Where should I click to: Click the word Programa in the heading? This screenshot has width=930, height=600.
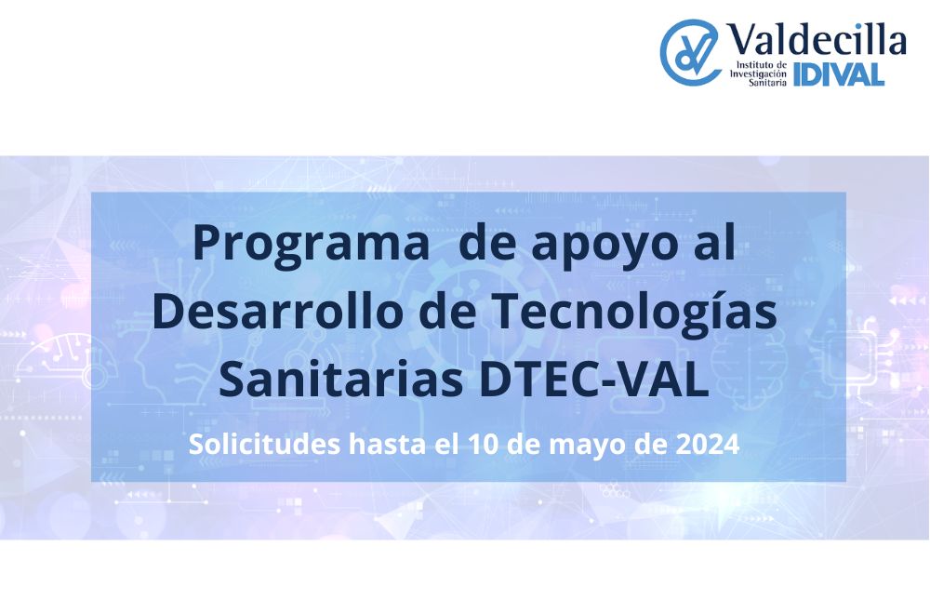pyautogui.click(x=312, y=245)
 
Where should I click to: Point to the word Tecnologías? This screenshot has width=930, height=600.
pyautogui.click(x=634, y=313)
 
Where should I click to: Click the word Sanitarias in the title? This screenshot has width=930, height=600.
pyautogui.click(x=341, y=380)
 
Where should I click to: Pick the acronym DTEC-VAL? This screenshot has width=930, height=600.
pyautogui.click(x=594, y=380)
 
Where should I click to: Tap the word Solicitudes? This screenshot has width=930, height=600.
pyautogui.click(x=264, y=444)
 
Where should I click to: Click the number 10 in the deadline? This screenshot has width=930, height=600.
pyautogui.click(x=484, y=445)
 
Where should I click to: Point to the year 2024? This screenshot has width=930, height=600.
pyautogui.click(x=708, y=445)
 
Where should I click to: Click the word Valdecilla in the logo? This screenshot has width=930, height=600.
pyautogui.click(x=817, y=40)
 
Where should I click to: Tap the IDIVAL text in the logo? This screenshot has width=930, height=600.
pyautogui.click(x=839, y=74)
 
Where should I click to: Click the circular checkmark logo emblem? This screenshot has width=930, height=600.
pyautogui.click(x=689, y=52)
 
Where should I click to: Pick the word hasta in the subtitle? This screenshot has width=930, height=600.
pyautogui.click(x=387, y=444)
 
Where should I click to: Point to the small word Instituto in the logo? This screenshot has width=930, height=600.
pyautogui.click(x=753, y=64)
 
